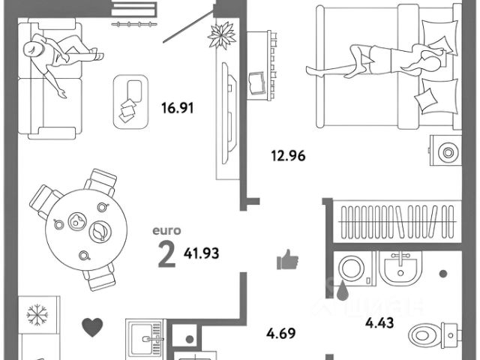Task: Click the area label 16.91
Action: click(x=177, y=107)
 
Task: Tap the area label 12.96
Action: click(x=289, y=157)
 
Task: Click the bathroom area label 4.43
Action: click(x=379, y=324)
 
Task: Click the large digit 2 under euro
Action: click(x=166, y=255)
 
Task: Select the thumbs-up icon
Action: click(x=288, y=260)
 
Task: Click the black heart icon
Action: click(x=91, y=326)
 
